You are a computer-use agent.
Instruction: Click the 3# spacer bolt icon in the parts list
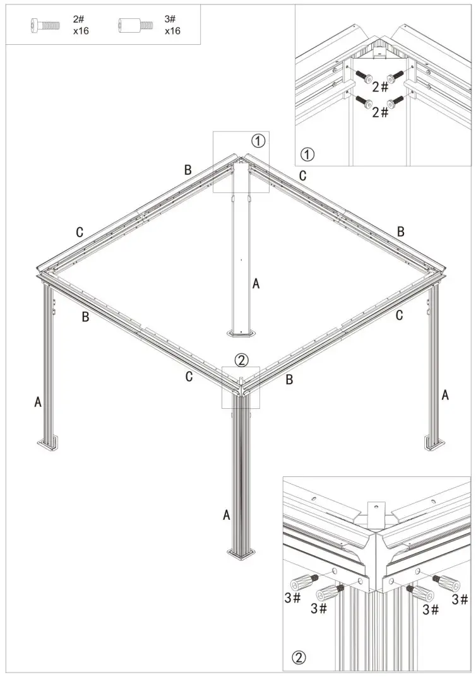[x=135, y=26]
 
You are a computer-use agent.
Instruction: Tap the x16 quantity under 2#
[x=80, y=30]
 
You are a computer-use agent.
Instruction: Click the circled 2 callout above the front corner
[x=241, y=360]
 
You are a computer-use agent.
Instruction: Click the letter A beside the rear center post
[x=256, y=284]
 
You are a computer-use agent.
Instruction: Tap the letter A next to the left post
[x=38, y=401]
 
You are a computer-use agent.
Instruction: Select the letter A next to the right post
[x=445, y=396]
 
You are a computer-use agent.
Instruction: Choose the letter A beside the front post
[x=226, y=515]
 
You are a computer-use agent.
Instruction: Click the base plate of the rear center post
[x=240, y=333]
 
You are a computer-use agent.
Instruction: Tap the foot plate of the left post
[x=47, y=446]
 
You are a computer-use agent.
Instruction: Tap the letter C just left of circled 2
[x=189, y=377]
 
